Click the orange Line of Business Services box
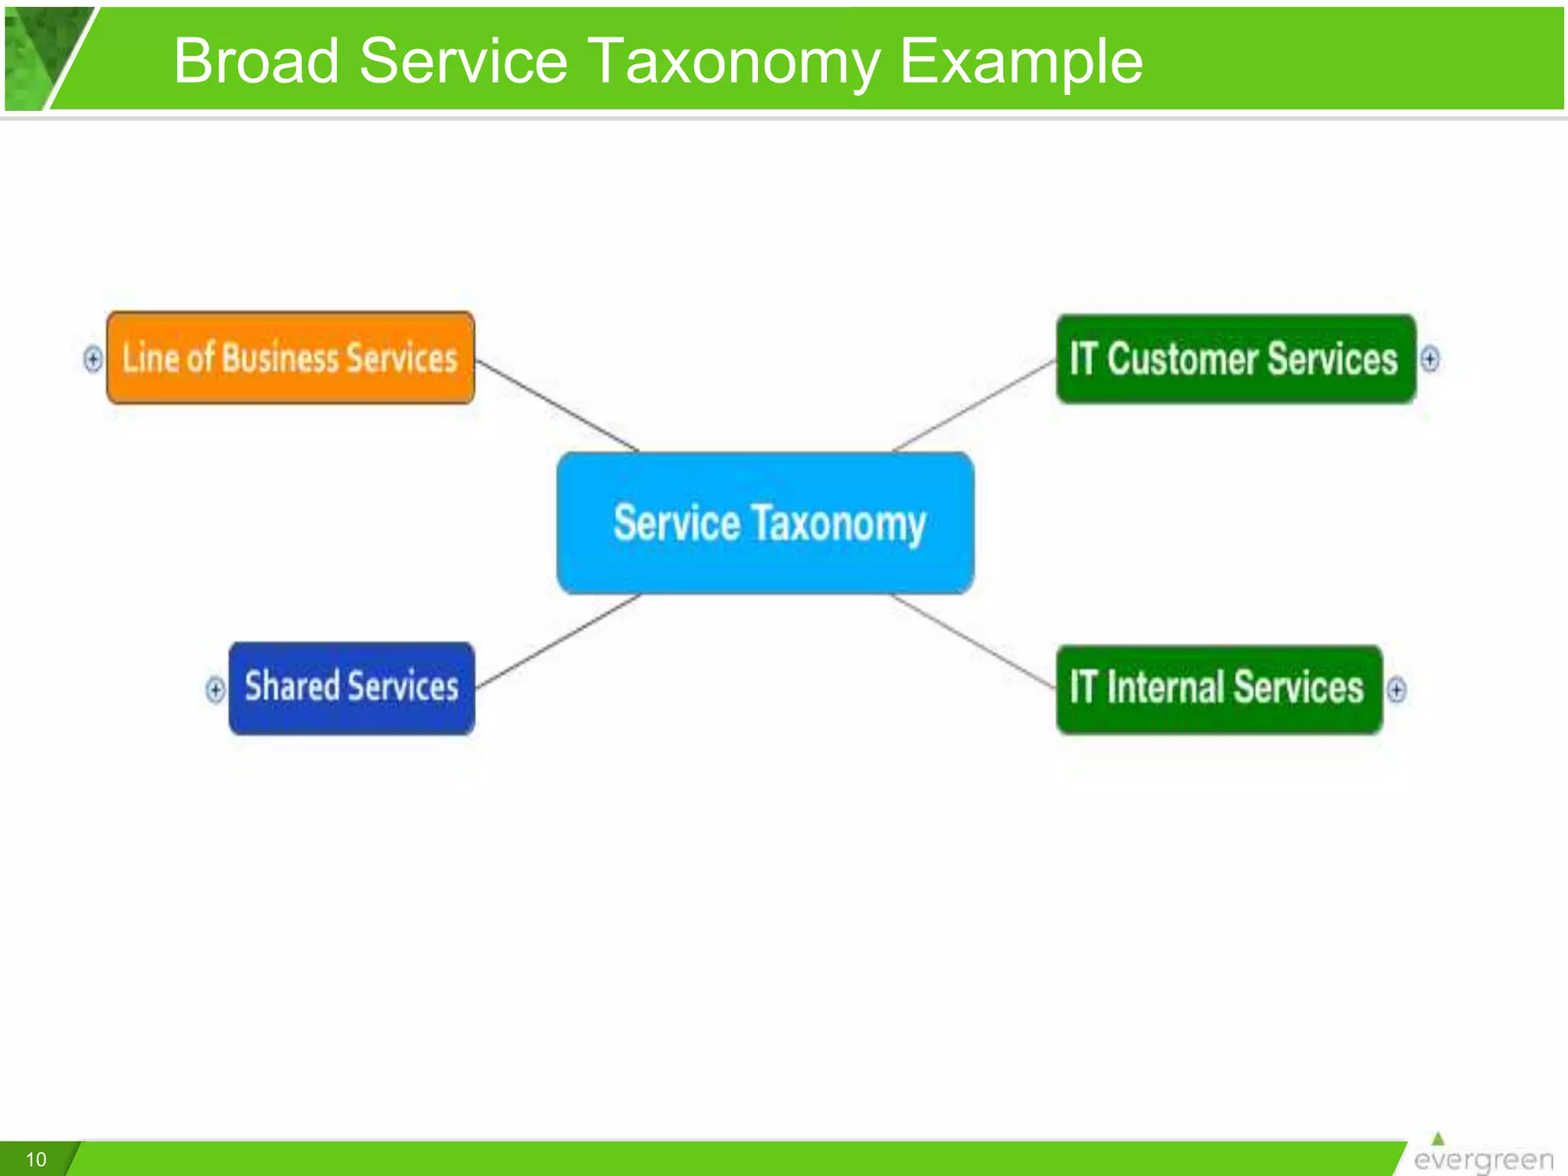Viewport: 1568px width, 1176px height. pyautogui.click(x=290, y=358)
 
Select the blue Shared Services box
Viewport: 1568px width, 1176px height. pyautogui.click(x=351, y=688)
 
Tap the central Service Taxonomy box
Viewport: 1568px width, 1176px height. pyautogui.click(x=766, y=523)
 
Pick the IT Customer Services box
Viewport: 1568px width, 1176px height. pyautogui.click(x=1235, y=358)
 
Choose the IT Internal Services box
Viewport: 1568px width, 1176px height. pyautogui.click(x=1219, y=688)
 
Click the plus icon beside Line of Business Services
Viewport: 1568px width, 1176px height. pyautogui.click(x=93, y=358)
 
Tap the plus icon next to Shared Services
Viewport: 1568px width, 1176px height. pyautogui.click(x=215, y=689)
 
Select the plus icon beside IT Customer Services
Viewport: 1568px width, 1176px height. pyautogui.click(x=1429, y=358)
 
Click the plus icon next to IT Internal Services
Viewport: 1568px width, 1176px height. pyautogui.click(x=1396, y=689)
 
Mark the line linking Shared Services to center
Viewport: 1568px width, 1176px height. pyautogui.click(x=557, y=641)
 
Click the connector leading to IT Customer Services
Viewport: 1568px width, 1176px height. pyautogui.click(x=975, y=405)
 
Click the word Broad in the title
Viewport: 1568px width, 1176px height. pyautogui.click(x=256, y=61)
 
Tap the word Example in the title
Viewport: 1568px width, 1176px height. pyautogui.click(x=1021, y=61)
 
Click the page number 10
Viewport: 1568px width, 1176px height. pyautogui.click(x=36, y=1159)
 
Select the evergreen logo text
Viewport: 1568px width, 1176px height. pyautogui.click(x=1483, y=1160)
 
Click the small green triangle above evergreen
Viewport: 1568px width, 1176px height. pyautogui.click(x=1438, y=1138)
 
